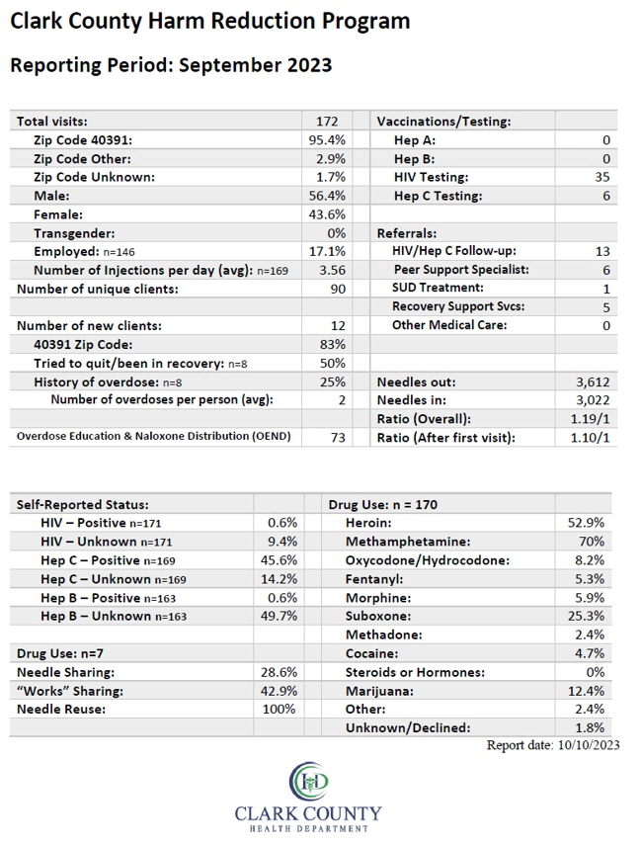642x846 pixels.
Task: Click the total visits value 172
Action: (327, 122)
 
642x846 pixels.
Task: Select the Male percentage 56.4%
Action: (327, 196)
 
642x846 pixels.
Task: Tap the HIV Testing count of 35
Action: (602, 177)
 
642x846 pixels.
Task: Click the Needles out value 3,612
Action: (593, 382)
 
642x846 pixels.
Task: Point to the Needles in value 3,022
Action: (593, 400)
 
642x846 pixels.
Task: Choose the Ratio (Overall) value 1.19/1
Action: (591, 419)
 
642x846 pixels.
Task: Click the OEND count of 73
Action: (338, 437)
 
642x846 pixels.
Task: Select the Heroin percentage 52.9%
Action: (586, 523)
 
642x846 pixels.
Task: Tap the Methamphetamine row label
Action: (408, 542)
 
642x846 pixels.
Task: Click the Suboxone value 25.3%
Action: (586, 616)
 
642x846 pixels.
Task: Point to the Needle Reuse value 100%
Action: (280, 709)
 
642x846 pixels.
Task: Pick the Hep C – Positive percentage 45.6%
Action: (279, 560)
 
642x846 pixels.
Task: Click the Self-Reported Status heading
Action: (83, 504)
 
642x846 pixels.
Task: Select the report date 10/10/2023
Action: (589, 745)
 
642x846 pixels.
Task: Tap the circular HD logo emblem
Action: (308, 781)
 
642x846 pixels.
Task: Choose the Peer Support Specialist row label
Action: (461, 270)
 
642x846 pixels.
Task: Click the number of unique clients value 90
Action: (338, 289)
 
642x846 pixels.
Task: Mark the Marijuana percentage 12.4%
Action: (586, 691)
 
